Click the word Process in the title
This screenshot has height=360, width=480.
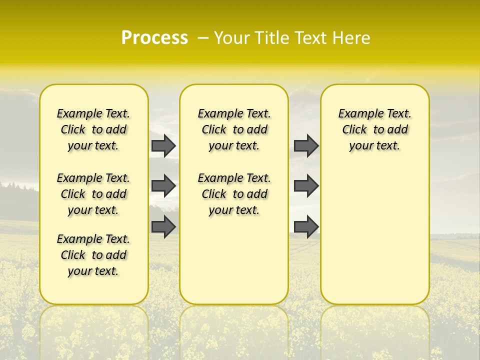154,38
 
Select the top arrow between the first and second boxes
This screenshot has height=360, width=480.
163,145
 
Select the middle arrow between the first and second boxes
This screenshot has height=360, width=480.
163,186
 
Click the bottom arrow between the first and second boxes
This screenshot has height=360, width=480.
163,226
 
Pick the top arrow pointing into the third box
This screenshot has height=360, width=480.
306,145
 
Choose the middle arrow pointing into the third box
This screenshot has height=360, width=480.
306,186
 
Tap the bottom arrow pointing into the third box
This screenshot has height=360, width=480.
306,226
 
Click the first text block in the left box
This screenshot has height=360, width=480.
93,129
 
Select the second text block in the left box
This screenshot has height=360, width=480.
93,194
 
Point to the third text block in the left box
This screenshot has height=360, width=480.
93,255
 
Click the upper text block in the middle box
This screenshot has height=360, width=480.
234,129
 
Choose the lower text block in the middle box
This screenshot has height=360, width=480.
234,194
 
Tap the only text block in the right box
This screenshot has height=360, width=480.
374,129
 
